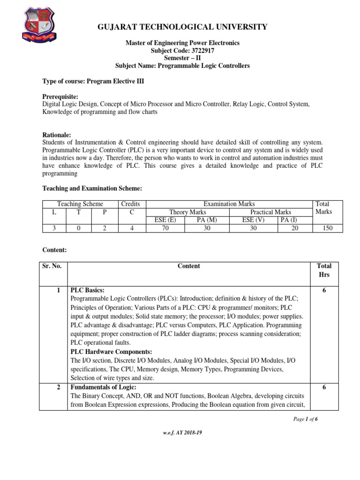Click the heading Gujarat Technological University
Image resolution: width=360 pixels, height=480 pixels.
[x=182, y=27]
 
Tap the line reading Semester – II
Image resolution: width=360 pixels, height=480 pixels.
[x=182, y=58]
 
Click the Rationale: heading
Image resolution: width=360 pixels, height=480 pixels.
[x=57, y=134]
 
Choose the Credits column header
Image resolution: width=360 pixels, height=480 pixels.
[x=130, y=204]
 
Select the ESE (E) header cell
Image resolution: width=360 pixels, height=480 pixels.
[x=165, y=220]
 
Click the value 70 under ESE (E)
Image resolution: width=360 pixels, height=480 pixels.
[x=165, y=228]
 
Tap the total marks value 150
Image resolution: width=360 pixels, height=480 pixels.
[x=328, y=228]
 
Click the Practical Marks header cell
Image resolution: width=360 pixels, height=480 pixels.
[x=270, y=212]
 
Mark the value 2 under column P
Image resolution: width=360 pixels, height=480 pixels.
[x=105, y=228]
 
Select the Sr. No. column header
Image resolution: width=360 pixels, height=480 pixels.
[x=52, y=266]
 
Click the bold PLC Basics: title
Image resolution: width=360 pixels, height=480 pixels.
[x=88, y=290]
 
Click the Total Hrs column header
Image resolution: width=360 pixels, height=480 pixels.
[x=324, y=270]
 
